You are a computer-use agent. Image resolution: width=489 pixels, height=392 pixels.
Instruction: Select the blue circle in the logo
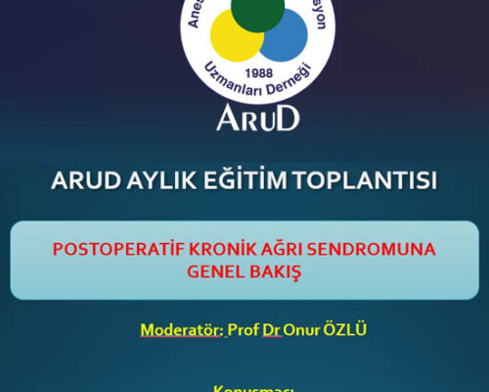[x=284, y=37]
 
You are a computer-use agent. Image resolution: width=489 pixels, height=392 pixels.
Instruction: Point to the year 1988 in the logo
[x=260, y=73]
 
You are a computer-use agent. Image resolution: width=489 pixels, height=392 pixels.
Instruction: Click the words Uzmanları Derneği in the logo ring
[x=259, y=90]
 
